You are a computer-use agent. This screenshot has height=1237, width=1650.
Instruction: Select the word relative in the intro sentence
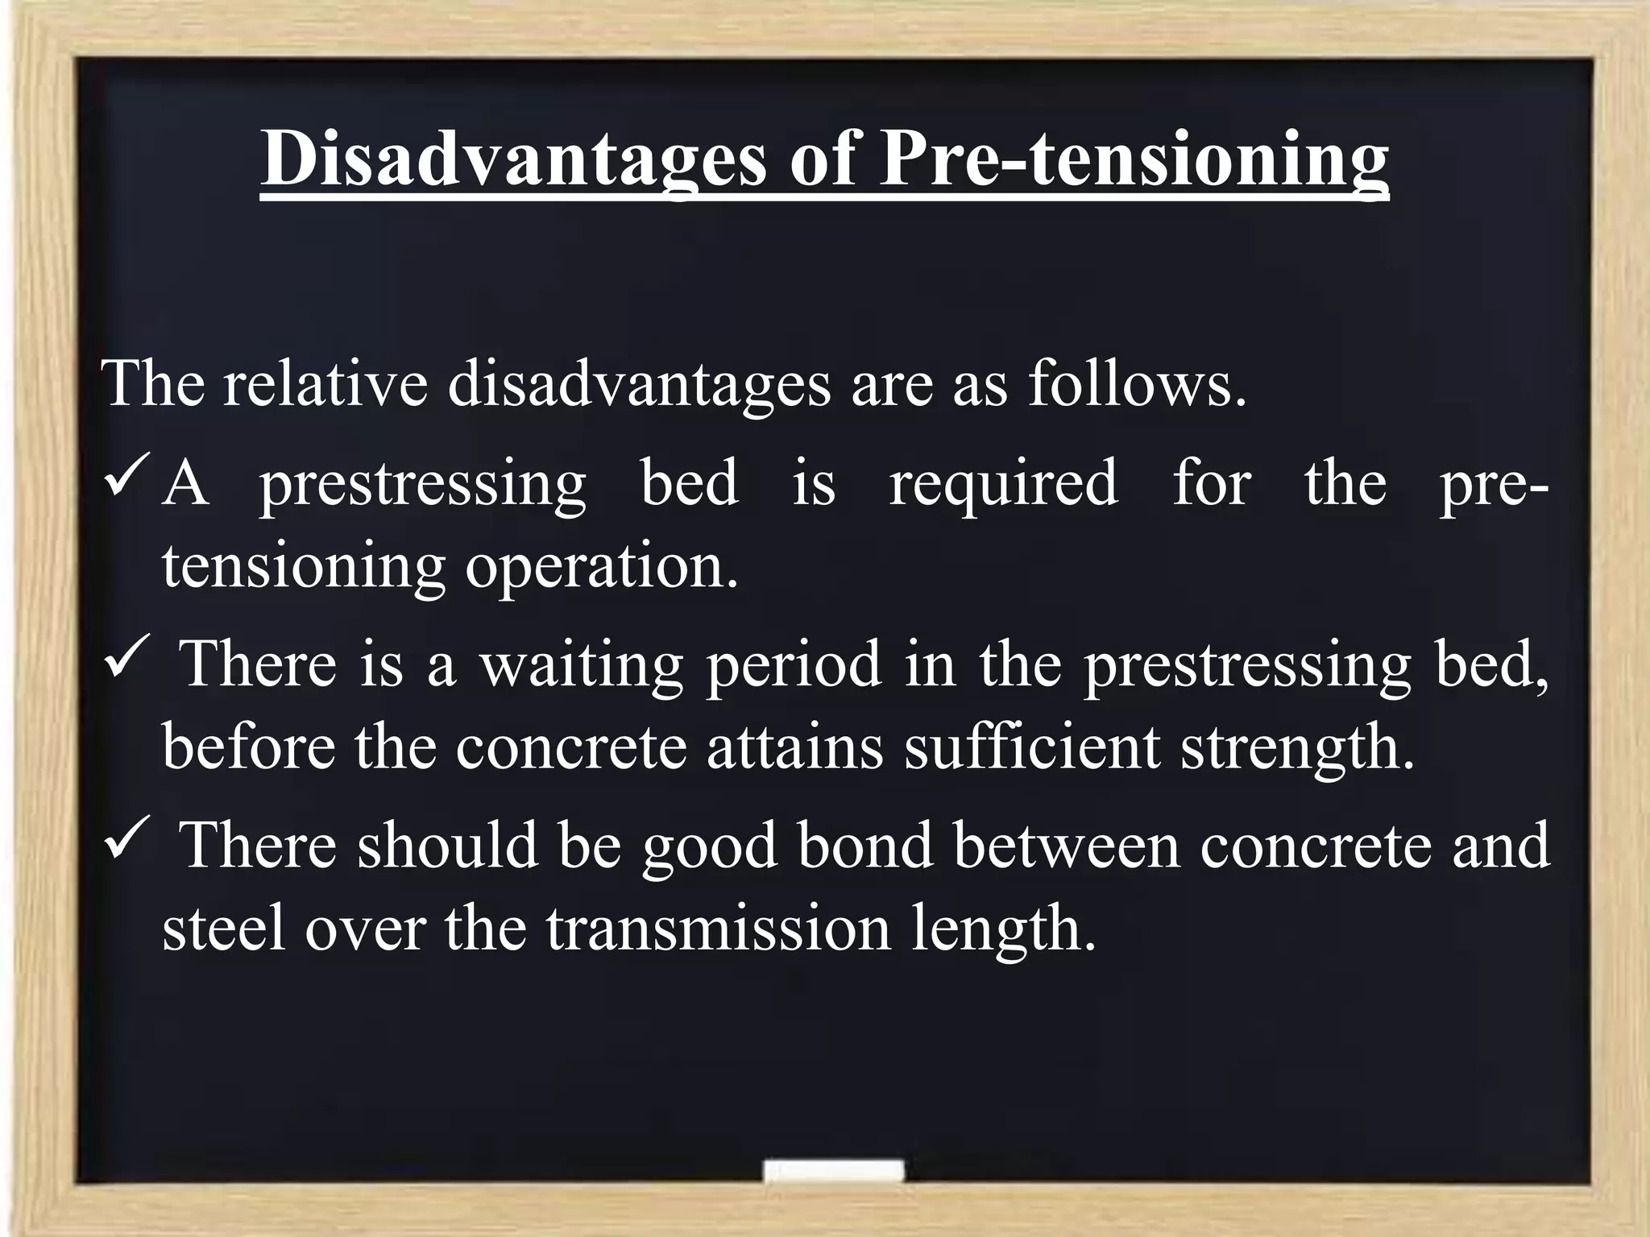325,383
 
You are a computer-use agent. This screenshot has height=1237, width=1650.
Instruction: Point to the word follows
1137,383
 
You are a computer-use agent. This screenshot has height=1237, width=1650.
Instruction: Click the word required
1003,483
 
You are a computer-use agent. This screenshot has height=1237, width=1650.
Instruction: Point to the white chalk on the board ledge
833,1171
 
